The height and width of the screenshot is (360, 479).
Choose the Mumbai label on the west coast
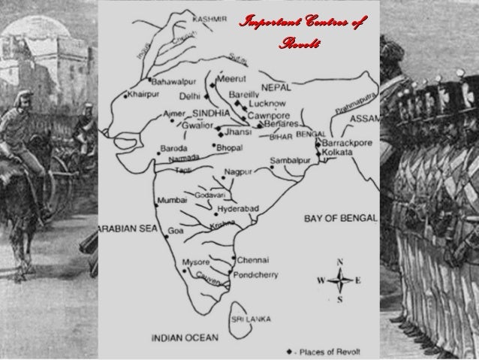[172, 201]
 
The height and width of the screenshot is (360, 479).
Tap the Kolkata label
[343, 152]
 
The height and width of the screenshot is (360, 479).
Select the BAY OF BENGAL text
[340, 219]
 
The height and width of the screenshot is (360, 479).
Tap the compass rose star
[339, 280]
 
